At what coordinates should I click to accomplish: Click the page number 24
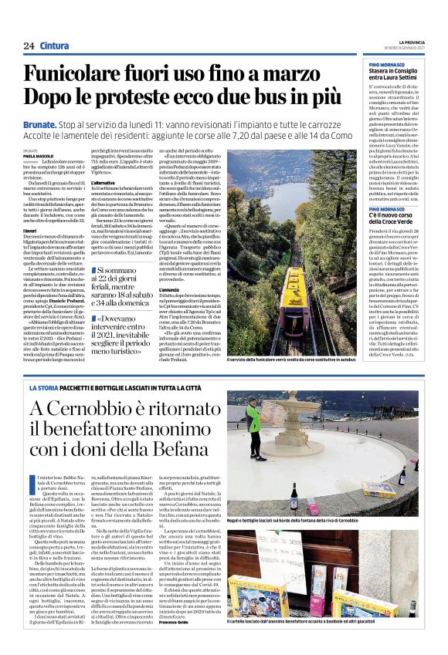click(x=29, y=46)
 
